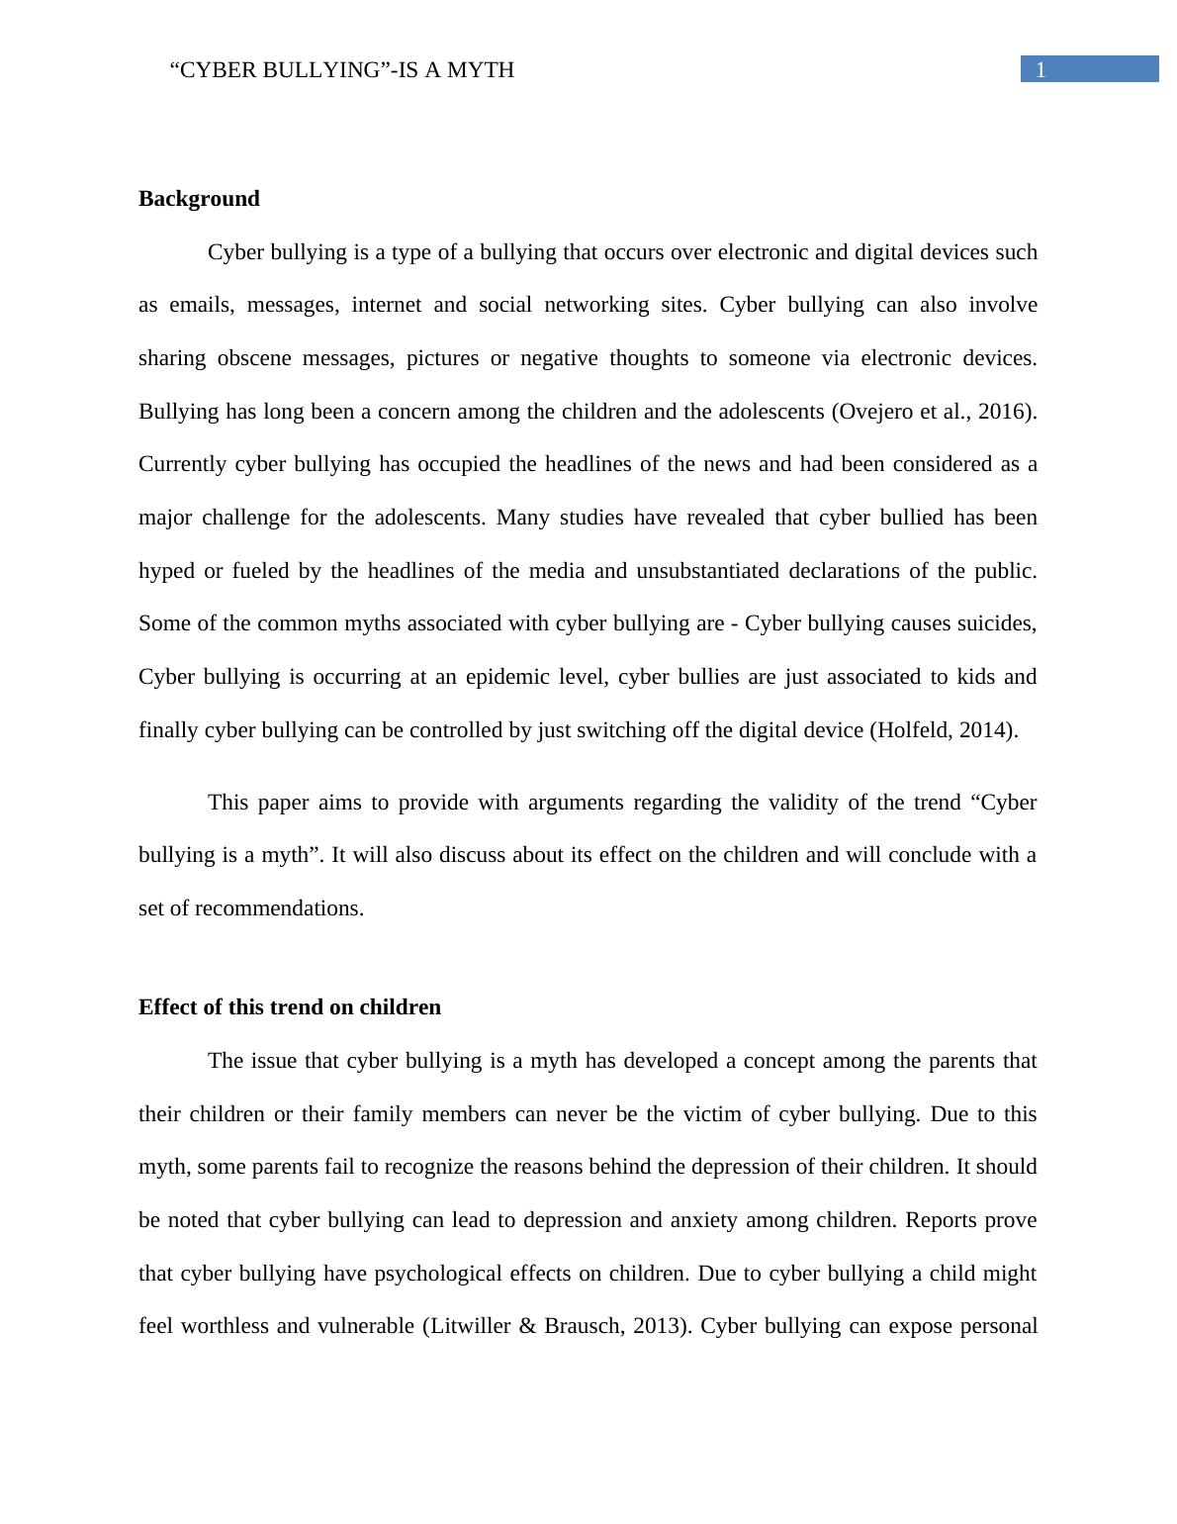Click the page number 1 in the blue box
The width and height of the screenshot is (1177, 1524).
click(x=1041, y=69)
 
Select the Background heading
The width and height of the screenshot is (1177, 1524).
click(x=199, y=199)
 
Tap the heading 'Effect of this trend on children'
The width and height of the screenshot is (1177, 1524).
click(x=290, y=1007)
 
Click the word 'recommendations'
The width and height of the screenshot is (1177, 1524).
click(x=278, y=908)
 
